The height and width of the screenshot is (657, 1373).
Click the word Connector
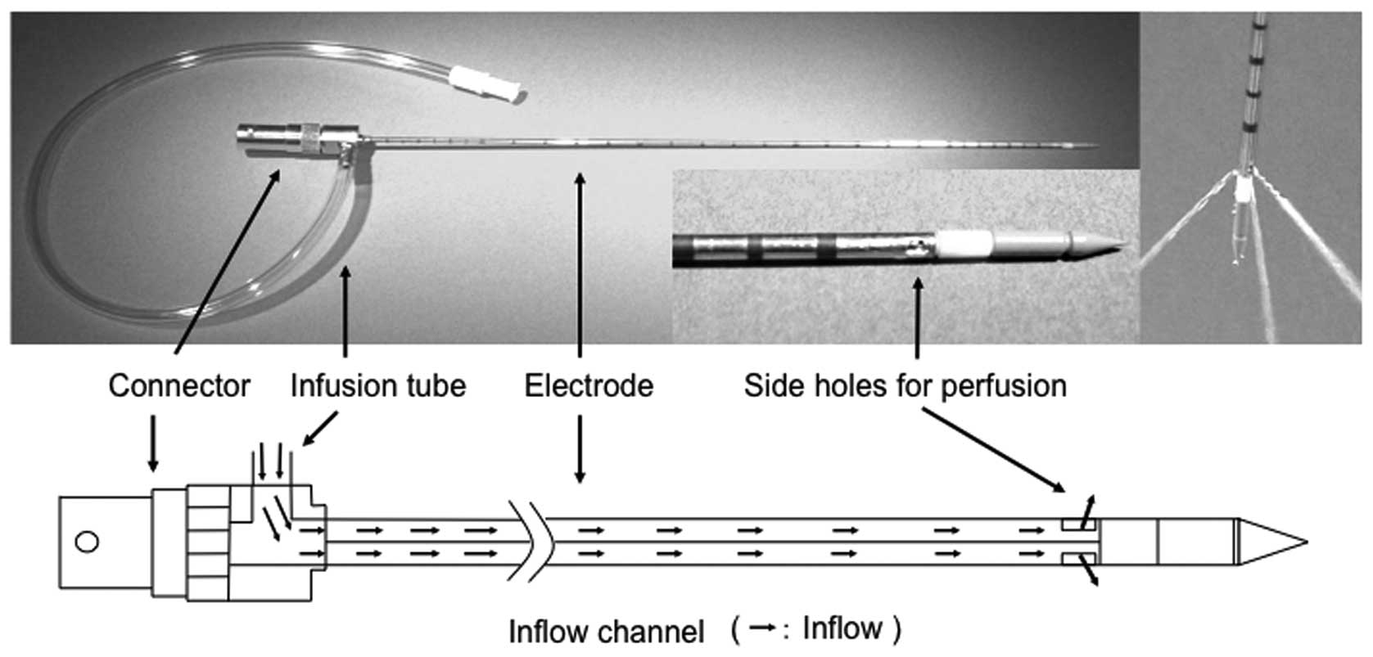[x=178, y=385]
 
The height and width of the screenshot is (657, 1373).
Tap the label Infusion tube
[x=377, y=385]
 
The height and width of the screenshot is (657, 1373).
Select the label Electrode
[x=589, y=385]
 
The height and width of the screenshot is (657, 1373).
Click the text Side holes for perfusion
[x=905, y=385]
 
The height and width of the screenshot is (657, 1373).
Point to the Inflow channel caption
[x=606, y=632]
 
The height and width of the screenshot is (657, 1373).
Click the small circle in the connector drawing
[x=86, y=542]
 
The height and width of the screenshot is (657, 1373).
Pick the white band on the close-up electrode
[x=966, y=242]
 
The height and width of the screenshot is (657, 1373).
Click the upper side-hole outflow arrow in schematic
[x=1087, y=508]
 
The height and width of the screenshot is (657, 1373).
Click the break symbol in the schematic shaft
[x=532, y=541]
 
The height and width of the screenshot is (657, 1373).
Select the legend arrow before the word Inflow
[x=761, y=628]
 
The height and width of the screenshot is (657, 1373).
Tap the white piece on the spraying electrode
[x=1244, y=190]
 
